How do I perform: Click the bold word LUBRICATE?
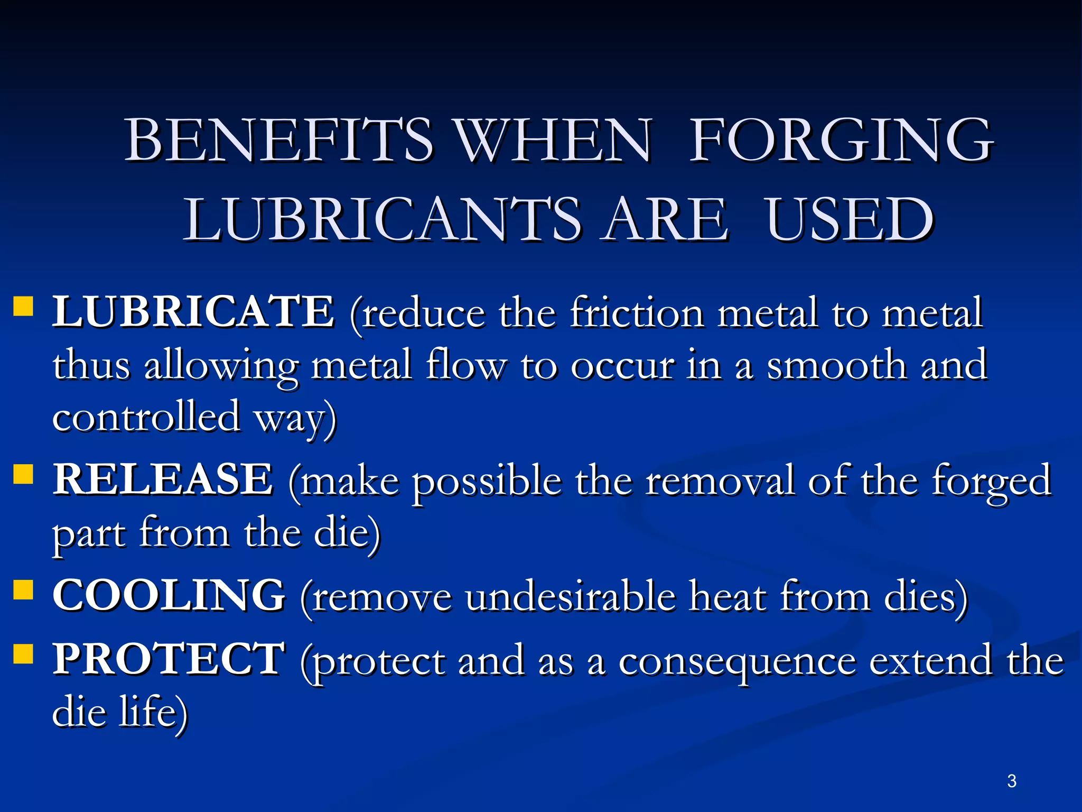[x=193, y=312]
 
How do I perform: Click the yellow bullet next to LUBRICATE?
[x=23, y=306]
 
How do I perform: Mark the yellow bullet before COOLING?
[x=23, y=590]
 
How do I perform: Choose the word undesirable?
[x=571, y=597]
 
